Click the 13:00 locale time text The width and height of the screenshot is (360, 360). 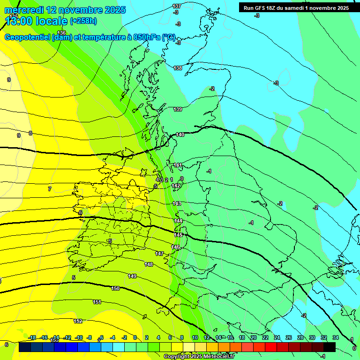36,21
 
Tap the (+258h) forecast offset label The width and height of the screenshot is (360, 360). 83,21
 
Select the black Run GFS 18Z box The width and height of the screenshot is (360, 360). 296,7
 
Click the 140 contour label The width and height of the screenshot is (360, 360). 180,135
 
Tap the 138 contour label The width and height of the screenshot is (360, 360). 178,68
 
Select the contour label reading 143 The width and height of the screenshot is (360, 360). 177,203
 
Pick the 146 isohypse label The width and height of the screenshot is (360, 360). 176,247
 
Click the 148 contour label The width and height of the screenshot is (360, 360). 149,265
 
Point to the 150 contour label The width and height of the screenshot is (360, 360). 115,288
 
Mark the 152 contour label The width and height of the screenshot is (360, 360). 78,321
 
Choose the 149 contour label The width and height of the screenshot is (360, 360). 132,277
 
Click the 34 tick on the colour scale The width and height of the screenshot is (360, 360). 335,337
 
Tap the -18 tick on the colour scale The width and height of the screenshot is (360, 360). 32,337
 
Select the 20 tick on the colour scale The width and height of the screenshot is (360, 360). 253,337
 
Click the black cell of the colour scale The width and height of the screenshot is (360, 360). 330,347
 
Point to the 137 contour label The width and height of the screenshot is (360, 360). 177,6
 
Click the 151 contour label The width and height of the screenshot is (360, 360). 97,302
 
